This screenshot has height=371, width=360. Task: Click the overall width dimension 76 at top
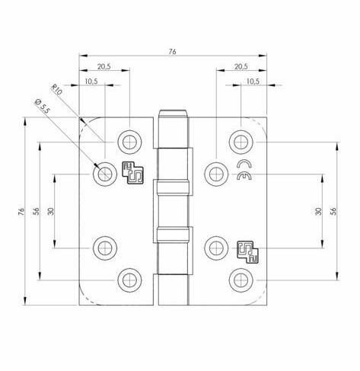[x=172, y=51]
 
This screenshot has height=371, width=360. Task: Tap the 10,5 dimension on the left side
[x=91, y=81]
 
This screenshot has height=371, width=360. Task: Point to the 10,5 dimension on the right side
[x=253, y=81]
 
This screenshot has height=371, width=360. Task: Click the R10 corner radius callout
[x=58, y=92]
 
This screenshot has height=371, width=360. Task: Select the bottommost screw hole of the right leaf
[x=241, y=279]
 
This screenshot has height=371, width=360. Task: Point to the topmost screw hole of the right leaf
[x=241, y=142]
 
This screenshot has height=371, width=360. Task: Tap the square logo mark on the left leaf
[x=133, y=173]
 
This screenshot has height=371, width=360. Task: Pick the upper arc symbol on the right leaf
[x=244, y=164]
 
